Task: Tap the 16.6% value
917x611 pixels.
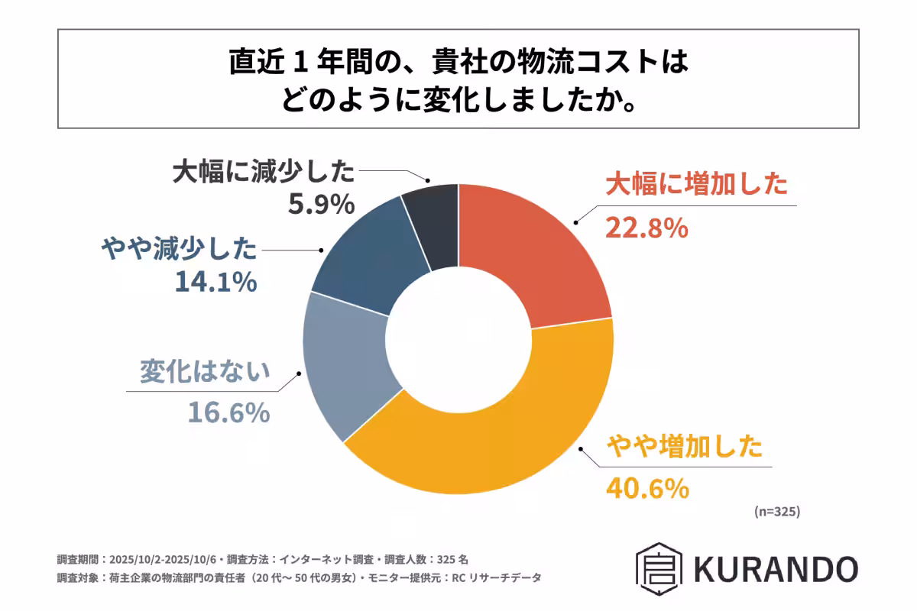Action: point(228,413)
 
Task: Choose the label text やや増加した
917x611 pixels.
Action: point(685,445)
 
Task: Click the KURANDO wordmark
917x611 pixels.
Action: point(776,568)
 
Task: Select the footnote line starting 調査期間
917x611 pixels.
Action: point(267,558)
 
